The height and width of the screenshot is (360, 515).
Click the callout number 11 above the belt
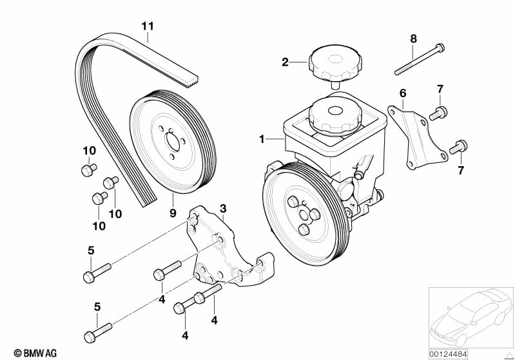click(x=148, y=26)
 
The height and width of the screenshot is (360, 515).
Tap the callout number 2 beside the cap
click(x=285, y=62)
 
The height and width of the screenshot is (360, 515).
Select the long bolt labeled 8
click(x=420, y=59)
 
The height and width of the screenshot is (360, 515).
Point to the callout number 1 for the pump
click(x=262, y=140)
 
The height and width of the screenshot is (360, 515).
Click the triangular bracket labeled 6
click(x=418, y=137)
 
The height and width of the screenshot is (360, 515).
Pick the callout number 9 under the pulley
click(x=173, y=213)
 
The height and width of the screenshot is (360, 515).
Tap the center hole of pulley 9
click(x=173, y=142)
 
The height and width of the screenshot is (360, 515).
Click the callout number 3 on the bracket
click(x=223, y=209)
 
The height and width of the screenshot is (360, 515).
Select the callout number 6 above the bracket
click(x=403, y=93)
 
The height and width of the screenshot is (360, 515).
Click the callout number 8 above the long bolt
click(x=414, y=39)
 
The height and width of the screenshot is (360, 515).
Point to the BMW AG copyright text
click(x=35, y=353)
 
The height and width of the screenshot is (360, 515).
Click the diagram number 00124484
click(x=448, y=354)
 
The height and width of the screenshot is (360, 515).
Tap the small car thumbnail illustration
click(x=471, y=317)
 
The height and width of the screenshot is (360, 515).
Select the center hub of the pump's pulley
click(x=304, y=215)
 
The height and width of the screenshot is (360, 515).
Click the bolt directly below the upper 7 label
click(x=438, y=113)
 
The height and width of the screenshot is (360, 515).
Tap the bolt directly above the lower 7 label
click(x=458, y=147)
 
